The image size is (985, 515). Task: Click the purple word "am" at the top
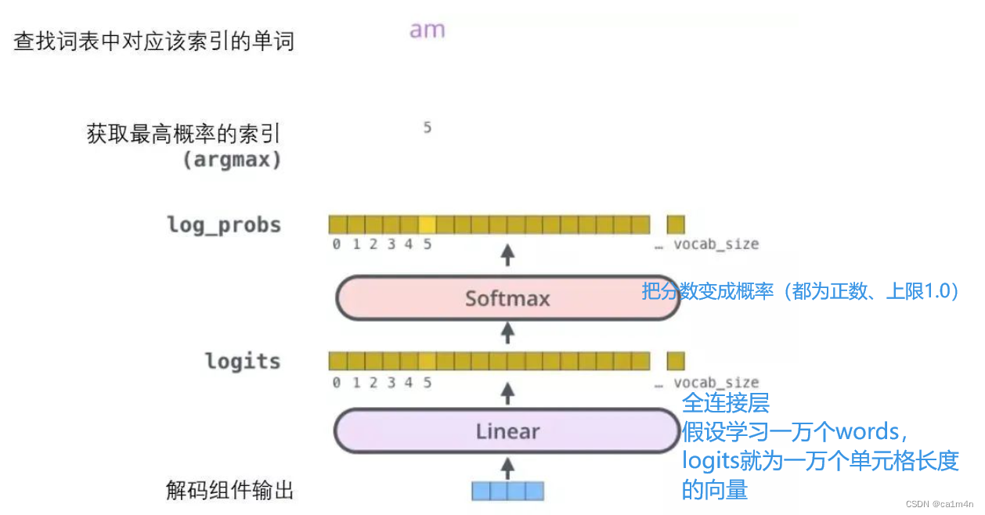point(427,31)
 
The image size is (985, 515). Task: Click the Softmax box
point(507,298)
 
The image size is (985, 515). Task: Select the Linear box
point(507,431)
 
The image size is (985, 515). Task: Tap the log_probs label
point(224,225)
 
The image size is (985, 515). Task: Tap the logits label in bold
point(243,362)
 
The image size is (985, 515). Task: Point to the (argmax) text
point(232,160)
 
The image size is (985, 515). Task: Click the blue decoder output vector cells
point(507,491)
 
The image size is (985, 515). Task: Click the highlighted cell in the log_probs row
point(427,225)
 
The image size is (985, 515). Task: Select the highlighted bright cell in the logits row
point(427,361)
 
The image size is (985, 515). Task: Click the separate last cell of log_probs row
point(676,225)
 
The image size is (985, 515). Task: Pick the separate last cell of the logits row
point(676,361)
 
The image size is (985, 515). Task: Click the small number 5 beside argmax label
point(427,128)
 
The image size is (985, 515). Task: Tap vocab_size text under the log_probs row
point(716,244)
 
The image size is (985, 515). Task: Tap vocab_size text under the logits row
point(716,383)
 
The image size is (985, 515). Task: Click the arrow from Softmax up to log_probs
point(507,255)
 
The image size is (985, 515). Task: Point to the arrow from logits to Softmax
point(507,333)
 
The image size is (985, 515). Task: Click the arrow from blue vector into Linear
point(507,467)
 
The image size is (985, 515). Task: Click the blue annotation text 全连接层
point(725,403)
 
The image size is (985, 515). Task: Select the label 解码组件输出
point(229,491)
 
